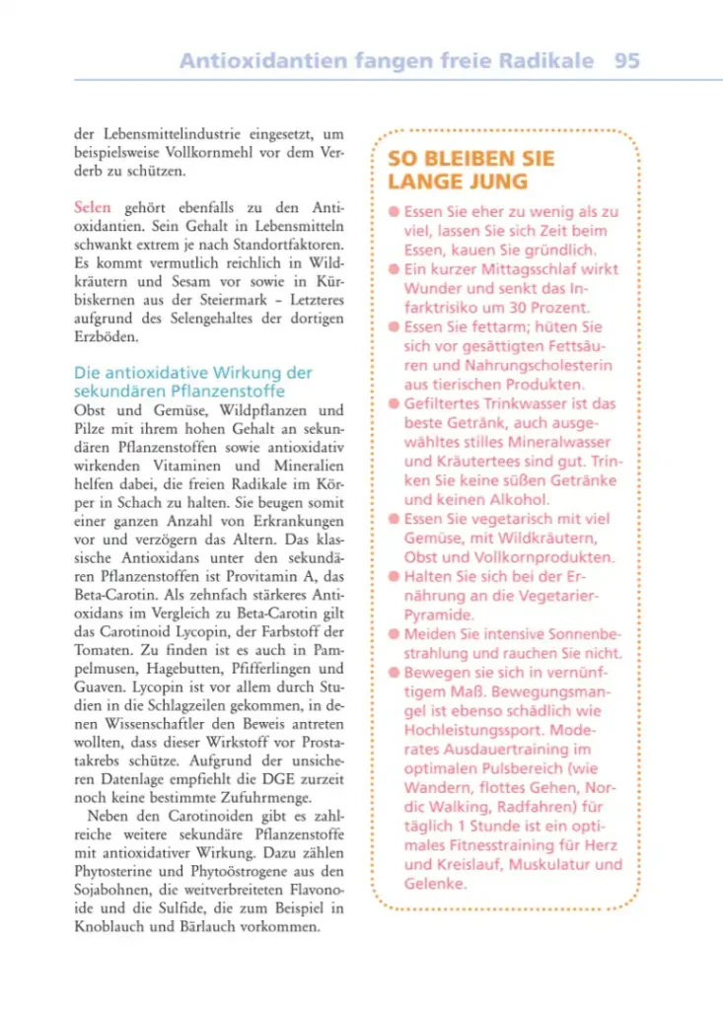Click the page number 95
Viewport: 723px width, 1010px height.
[x=626, y=60]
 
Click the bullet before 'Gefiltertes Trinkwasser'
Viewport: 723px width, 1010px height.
[x=394, y=404]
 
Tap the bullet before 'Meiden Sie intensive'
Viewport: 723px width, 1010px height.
[x=394, y=634]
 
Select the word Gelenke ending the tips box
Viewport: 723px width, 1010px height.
[x=434, y=884]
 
